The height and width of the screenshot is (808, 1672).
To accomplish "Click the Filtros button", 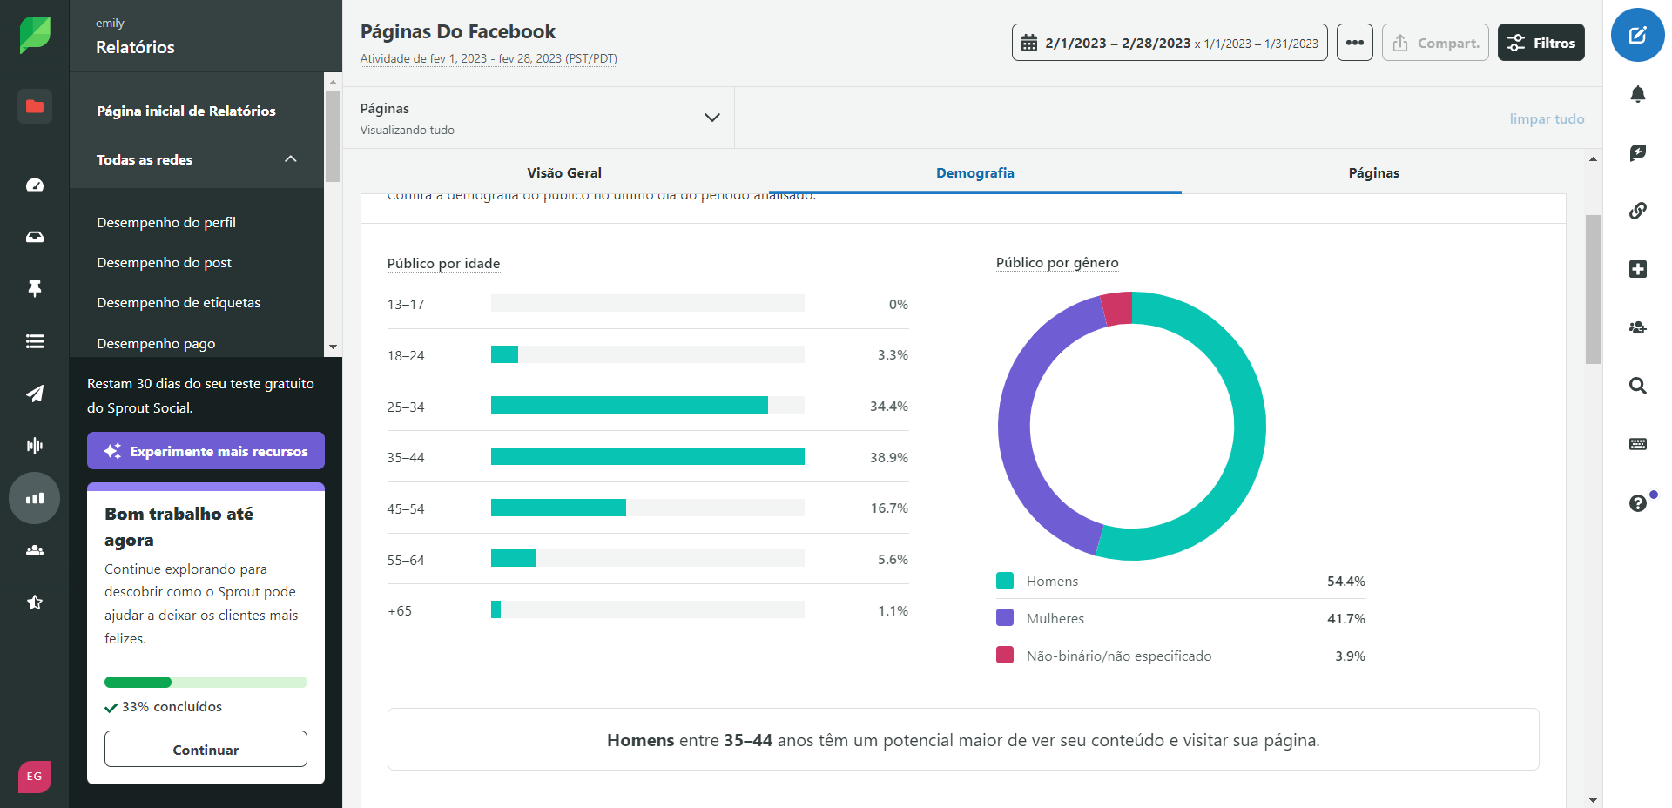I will (x=1541, y=43).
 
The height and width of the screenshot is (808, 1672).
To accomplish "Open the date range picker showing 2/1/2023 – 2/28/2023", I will (x=1169, y=43).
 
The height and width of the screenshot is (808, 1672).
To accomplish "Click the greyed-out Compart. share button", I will (x=1435, y=43).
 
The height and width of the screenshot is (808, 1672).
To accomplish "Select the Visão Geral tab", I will (x=563, y=172).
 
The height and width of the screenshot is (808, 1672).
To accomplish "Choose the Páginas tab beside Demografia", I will (x=1373, y=172).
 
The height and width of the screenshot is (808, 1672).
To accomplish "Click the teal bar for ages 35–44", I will (x=647, y=456).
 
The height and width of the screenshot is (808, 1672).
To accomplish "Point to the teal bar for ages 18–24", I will (x=504, y=354).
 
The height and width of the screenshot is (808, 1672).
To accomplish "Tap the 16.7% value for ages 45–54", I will (x=888, y=508).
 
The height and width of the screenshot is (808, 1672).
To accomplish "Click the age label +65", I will (x=400, y=610).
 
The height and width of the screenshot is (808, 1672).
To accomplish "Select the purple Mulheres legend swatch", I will (x=1005, y=617).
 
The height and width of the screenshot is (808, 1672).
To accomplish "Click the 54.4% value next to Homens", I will (x=1345, y=581).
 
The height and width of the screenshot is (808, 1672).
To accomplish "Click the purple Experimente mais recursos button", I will (x=206, y=451).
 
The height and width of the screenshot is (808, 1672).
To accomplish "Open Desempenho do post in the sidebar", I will (x=164, y=262).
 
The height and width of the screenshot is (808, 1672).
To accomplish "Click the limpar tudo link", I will (x=1547, y=118).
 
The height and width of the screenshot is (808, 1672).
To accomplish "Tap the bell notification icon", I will (x=1637, y=94).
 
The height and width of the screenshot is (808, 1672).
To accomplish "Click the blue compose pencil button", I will (x=1637, y=35).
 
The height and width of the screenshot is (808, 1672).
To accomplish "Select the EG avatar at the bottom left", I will (x=35, y=776).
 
